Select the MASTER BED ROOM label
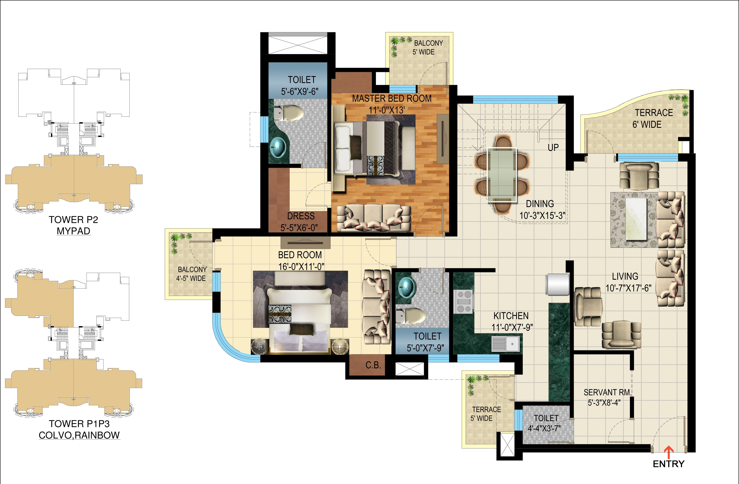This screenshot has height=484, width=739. [392, 99]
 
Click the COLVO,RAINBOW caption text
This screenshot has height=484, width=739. [79, 435]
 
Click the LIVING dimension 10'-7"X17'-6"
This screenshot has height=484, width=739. [628, 288]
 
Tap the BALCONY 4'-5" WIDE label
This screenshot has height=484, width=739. [191, 274]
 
